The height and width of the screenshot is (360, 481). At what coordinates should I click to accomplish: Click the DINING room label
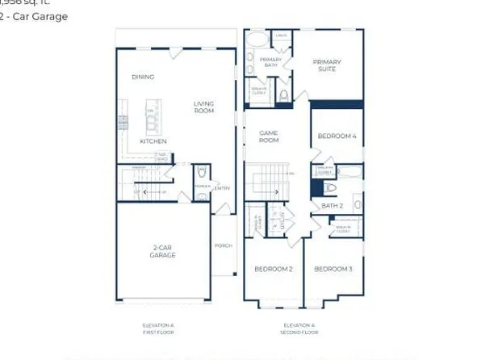click(143, 77)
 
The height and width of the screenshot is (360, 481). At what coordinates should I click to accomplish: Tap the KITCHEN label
click(153, 141)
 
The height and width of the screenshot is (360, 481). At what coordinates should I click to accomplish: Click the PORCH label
click(223, 246)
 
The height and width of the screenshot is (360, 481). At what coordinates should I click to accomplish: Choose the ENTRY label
click(222, 189)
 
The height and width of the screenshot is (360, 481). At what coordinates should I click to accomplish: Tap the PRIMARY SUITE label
click(327, 65)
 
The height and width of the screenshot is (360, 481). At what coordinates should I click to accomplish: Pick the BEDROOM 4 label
click(335, 136)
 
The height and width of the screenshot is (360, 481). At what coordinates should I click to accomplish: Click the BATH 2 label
click(333, 206)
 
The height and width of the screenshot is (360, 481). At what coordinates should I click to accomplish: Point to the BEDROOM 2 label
click(273, 269)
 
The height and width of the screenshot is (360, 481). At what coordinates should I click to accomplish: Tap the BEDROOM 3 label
click(333, 269)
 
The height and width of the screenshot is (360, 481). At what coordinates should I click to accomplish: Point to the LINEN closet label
click(282, 36)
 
